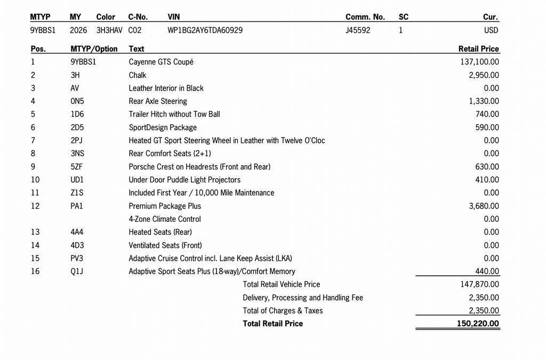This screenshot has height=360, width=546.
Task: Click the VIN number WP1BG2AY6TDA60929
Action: click(x=205, y=30)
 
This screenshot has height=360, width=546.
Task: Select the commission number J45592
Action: click(x=358, y=30)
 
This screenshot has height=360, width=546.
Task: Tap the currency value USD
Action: click(x=491, y=30)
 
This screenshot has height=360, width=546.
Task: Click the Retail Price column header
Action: click(x=478, y=49)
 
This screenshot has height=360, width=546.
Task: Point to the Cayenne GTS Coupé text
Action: click(x=161, y=62)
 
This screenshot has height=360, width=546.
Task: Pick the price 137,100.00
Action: click(x=479, y=62)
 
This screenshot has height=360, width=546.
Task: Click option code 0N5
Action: click(x=77, y=101)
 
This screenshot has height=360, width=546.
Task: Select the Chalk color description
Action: click(x=137, y=75)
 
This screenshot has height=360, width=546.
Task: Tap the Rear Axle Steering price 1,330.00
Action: click(x=484, y=101)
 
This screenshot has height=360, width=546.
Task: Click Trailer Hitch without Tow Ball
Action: click(x=174, y=114)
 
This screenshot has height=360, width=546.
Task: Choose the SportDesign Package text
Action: click(x=163, y=127)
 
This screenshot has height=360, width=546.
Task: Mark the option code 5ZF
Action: click(x=76, y=167)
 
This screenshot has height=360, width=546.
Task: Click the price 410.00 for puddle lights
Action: click(x=487, y=180)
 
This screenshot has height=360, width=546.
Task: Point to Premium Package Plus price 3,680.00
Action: click(x=484, y=206)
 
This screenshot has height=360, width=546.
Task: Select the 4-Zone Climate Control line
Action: click(x=165, y=219)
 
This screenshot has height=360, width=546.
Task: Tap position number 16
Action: click(x=35, y=271)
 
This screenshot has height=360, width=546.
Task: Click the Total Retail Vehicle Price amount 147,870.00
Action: click(x=479, y=284)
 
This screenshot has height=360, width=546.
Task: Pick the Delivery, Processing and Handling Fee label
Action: click(x=303, y=298)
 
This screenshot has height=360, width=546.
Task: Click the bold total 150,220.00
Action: click(x=478, y=324)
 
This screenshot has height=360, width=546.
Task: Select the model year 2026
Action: click(x=78, y=30)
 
